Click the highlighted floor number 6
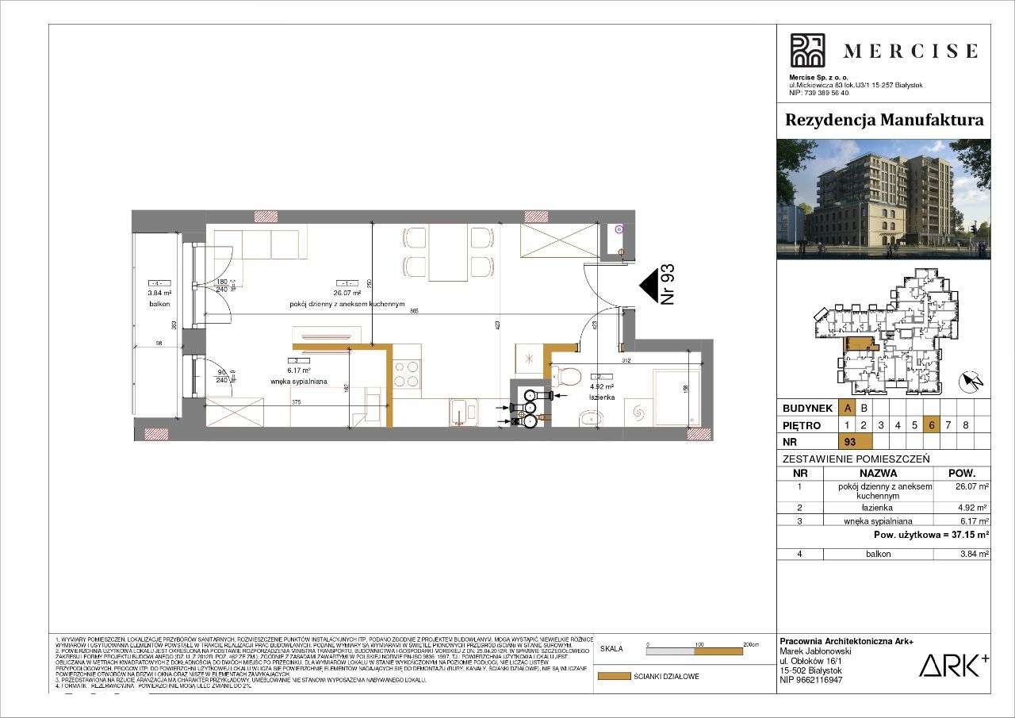[932, 424]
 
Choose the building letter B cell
[864, 408]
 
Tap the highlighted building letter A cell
[848, 408]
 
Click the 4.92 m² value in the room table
[972, 508]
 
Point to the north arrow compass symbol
[972, 382]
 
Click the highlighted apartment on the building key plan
[858, 344]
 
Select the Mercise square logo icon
[807, 51]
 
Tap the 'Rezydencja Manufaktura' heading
[883, 120]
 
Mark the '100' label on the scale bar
[699, 644]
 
